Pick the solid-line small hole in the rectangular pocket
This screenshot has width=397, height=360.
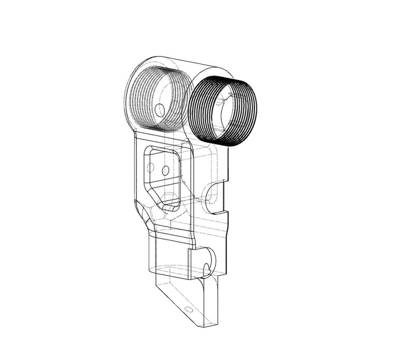click(165, 170)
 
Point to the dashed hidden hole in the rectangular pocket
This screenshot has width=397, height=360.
click(151, 168)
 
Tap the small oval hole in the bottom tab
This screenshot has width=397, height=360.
click(188, 310)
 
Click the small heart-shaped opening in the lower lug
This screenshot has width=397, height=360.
click(207, 268)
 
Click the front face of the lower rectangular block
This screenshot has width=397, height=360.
click(171, 253)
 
